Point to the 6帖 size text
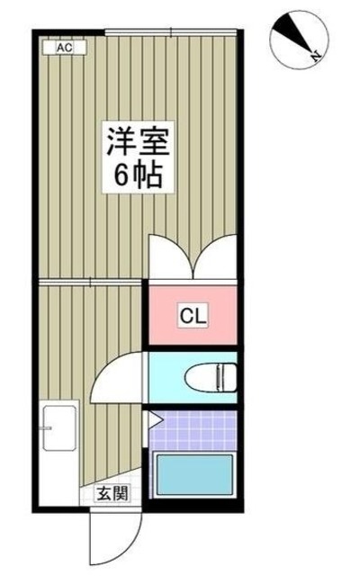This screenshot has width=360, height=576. click(x=138, y=175)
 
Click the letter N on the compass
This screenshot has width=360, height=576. click(x=317, y=58)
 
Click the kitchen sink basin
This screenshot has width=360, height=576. click(x=59, y=430)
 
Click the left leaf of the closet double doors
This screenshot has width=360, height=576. click(x=166, y=256)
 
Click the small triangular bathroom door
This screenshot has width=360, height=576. click(x=153, y=418)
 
